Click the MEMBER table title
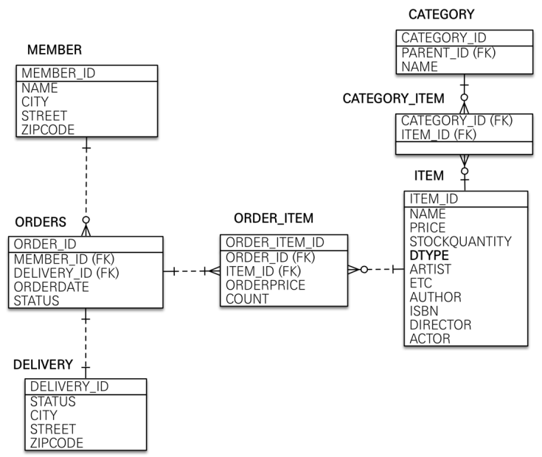click(54, 50)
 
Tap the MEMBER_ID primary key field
click(58, 73)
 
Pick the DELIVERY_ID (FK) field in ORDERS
click(67, 273)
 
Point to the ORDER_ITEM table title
click(274, 218)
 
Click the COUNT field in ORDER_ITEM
click(247, 299)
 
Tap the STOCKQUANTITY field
click(460, 241)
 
